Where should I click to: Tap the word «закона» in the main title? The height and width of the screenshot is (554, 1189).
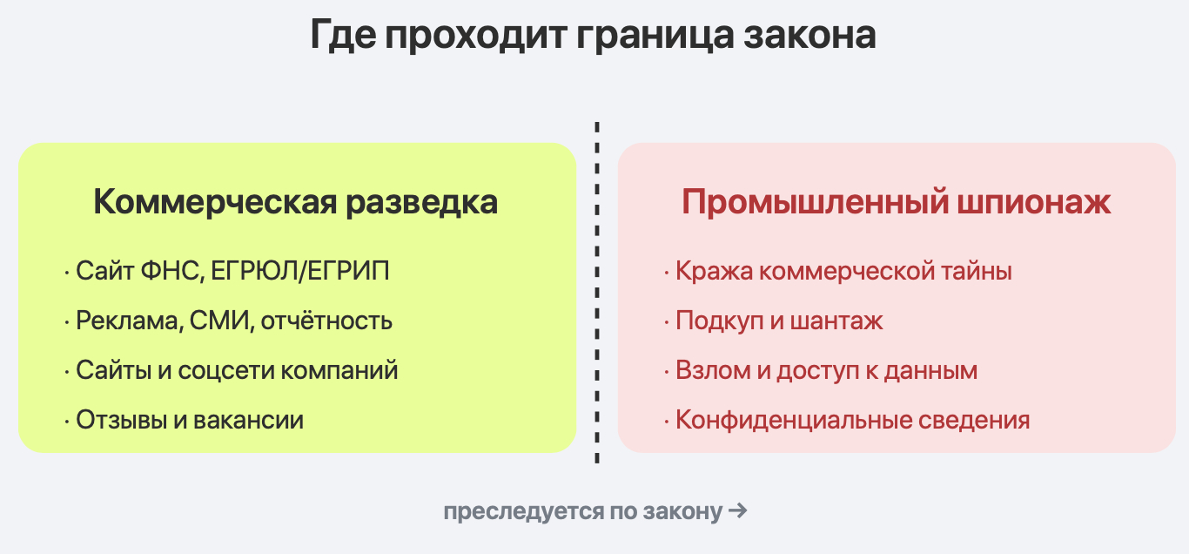(x=809, y=36)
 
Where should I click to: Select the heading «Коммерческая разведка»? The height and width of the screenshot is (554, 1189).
(x=296, y=202)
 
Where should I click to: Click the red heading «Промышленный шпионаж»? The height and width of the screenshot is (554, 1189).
(x=896, y=202)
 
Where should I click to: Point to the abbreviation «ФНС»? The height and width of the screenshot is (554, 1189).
(x=172, y=271)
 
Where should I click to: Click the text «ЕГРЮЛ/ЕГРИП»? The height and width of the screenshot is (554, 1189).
(x=300, y=271)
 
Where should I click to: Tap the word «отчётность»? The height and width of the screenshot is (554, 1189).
(x=326, y=321)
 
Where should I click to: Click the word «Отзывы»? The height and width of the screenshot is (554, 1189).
(x=122, y=420)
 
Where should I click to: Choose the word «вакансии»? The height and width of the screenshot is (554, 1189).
(x=248, y=420)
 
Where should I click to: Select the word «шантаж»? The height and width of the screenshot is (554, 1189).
(x=836, y=321)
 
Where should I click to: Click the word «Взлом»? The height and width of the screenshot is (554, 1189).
(x=713, y=371)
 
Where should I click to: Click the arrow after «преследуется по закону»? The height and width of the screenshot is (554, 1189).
(x=738, y=511)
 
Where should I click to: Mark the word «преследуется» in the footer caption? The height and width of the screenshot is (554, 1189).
(x=523, y=512)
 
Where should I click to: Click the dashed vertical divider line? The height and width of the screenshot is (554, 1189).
(x=597, y=293)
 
